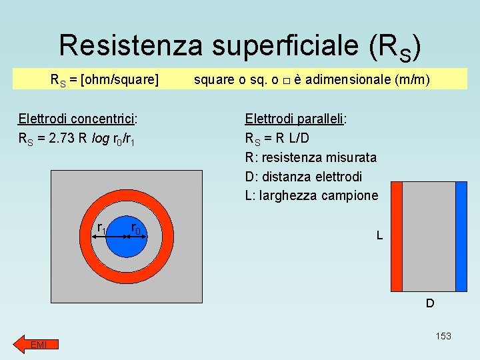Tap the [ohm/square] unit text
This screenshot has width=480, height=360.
coord(119,81)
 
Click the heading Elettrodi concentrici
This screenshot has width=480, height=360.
coord(77,119)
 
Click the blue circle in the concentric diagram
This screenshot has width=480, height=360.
coord(127,243)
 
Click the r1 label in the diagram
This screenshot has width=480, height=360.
coord(102,229)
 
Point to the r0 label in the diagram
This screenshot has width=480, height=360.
coord(136,229)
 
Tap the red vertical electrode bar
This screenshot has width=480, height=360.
coord(397,237)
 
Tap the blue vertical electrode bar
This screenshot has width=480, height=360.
coord(461,237)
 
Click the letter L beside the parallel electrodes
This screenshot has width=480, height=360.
coord(379,235)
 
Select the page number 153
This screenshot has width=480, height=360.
coord(443,336)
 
